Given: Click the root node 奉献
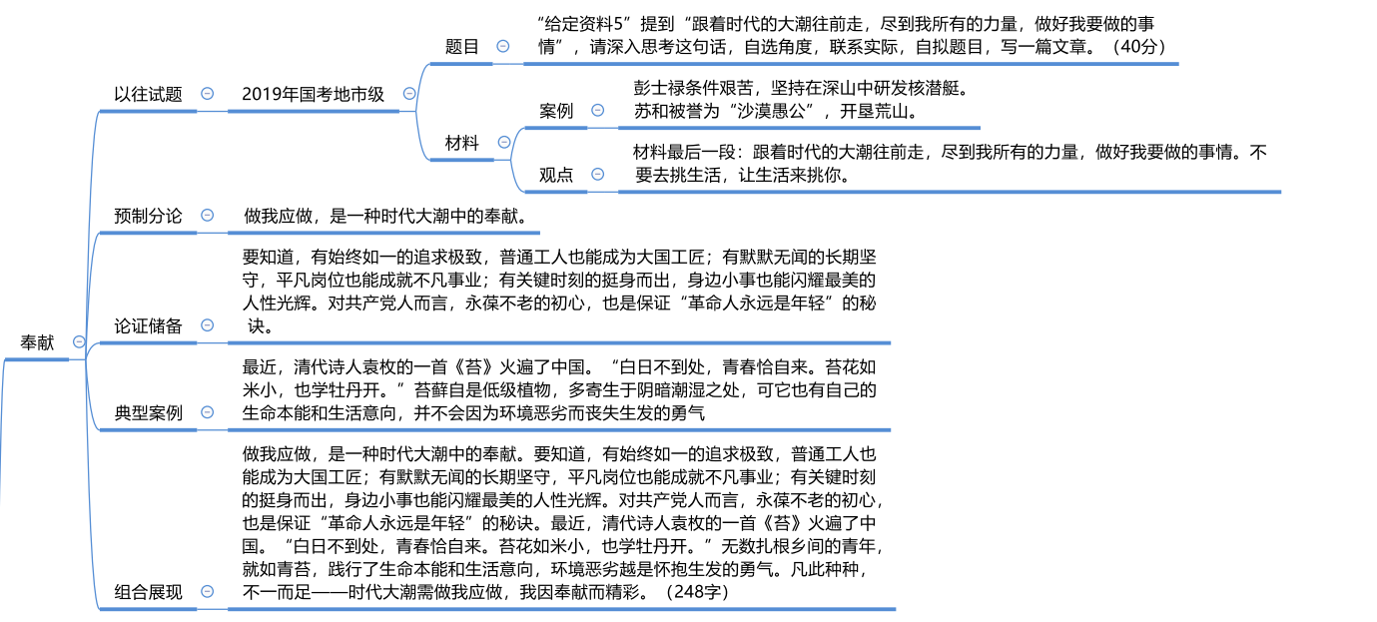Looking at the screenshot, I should coord(38,342).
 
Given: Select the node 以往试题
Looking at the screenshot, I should coord(148,94).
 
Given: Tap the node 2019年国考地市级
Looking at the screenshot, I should coord(313,94).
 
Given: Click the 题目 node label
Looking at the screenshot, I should coord(461,46).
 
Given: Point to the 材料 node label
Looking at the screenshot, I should coord(461,143).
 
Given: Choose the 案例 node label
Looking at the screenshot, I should coord(556,111).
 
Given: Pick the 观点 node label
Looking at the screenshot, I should coord(556,174).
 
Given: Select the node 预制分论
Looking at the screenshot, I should coord(148,215).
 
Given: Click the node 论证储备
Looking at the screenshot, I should coord(148,324).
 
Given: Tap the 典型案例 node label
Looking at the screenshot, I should coord(148,412).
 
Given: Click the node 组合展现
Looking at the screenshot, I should coord(148,591).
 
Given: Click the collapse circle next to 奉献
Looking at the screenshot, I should coord(79,342).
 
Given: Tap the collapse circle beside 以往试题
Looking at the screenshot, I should coord(207,93).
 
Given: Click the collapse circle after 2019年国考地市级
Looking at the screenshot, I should coord(409,93).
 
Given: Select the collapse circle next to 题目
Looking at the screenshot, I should coord(503,46).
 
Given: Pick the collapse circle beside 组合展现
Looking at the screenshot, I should coord(207,591).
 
